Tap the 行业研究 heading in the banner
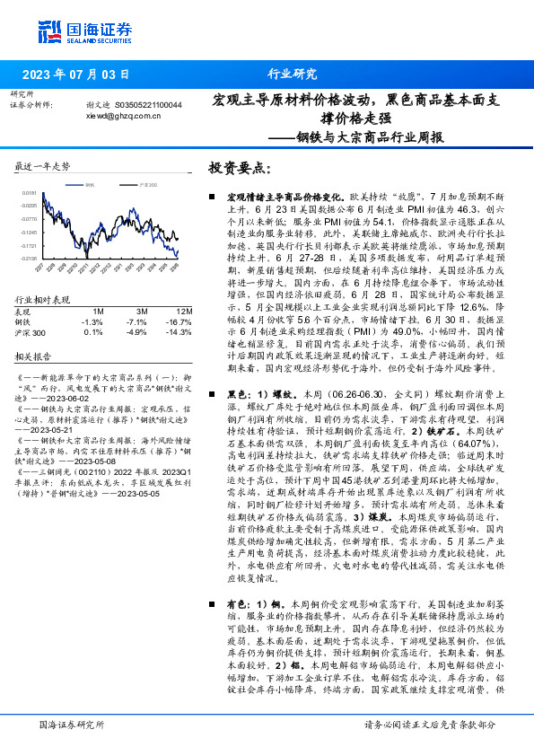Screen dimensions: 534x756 point(292,75)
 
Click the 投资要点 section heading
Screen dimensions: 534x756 point(241,168)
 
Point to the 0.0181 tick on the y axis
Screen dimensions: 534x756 point(30,192)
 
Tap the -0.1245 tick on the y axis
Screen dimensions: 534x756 point(30,232)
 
